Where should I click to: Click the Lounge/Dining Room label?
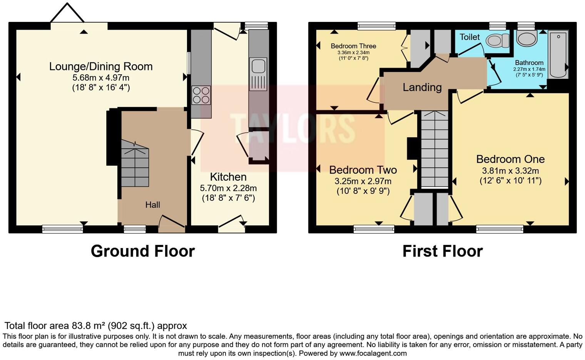tap(101, 67)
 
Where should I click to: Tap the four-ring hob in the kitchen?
tap(201, 95)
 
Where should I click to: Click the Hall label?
tap(152, 205)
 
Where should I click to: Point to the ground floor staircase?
tap(135, 164)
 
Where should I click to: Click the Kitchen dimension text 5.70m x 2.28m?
tap(228, 188)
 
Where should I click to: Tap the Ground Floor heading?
tap(143, 251)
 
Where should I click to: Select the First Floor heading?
tap(442, 251)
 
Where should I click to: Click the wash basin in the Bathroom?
tap(527, 38)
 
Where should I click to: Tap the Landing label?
tap(422, 87)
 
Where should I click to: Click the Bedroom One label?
tap(510, 159)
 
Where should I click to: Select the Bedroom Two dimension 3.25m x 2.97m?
tap(363, 181)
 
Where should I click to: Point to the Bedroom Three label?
tap(353, 46)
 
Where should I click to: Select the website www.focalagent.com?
tap(373, 353)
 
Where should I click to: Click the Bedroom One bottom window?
tap(500, 229)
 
